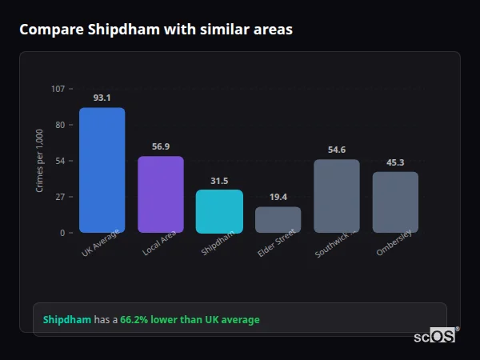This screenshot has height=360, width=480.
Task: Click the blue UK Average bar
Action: click(102, 170)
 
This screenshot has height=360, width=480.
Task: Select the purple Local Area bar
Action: click(160, 194)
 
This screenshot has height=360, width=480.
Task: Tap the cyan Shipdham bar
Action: click(219, 211)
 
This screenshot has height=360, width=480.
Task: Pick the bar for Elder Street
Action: click(278, 219)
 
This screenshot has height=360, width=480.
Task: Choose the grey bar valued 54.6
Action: click(336, 196)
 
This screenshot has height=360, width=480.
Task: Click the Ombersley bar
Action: click(395, 202)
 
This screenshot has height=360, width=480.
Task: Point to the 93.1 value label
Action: click(102, 98)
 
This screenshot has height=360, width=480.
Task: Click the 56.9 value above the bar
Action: click(160, 146)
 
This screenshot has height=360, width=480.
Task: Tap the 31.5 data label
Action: click(219, 181)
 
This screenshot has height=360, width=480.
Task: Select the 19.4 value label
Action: click(278, 197)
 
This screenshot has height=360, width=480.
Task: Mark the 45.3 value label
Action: click(395, 162)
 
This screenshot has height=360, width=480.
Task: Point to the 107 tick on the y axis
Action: click(58, 88)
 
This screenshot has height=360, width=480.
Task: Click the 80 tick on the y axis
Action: click(60, 125)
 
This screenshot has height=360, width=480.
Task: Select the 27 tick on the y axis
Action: click(60, 197)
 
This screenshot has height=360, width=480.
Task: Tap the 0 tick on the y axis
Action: click(62, 233)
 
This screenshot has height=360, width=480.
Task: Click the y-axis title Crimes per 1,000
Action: click(40, 161)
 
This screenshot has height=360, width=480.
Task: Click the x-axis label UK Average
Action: click(101, 243)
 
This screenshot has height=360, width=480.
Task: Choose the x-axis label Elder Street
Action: click(277, 243)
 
